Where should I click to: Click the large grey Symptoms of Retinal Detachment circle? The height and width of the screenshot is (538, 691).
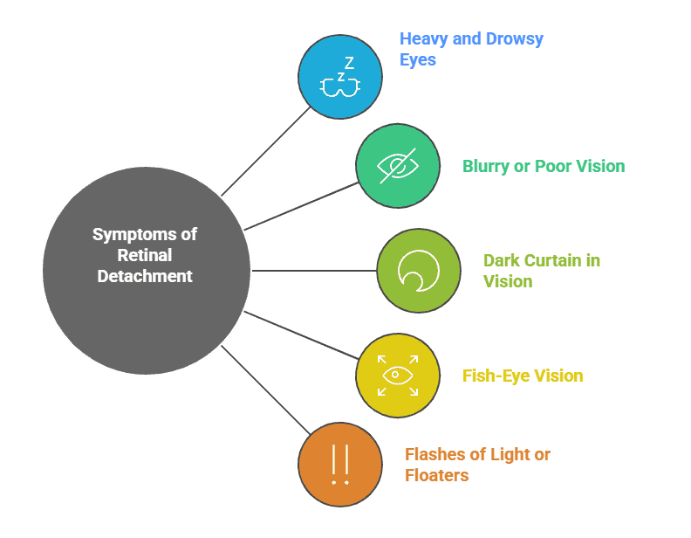pos(146,271)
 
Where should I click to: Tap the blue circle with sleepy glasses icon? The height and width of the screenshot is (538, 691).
pos(340,77)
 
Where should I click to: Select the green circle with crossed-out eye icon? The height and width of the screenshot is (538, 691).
pos(397,166)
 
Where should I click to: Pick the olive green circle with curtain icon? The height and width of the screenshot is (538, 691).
pos(419,271)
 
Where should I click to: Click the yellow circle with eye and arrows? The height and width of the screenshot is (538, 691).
pos(397,376)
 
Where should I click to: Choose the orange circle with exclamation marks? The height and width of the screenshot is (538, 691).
pos(340,465)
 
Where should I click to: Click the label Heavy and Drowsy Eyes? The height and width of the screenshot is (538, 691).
pos(471,50)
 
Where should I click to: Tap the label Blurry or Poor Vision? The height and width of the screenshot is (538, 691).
pos(543,166)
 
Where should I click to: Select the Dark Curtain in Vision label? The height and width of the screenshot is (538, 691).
pos(541,271)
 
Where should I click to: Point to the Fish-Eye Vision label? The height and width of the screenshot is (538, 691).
pos(522,376)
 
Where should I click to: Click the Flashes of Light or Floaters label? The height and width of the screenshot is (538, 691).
pos(477,465)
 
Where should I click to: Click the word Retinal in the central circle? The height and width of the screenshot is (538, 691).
pos(145,255)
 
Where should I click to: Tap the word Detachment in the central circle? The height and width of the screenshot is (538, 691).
pos(145,276)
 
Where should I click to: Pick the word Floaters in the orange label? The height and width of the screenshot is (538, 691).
pos(436,476)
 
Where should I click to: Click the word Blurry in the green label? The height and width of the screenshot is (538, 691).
pos(485,166)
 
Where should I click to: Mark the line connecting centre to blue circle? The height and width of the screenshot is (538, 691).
pos(266,151)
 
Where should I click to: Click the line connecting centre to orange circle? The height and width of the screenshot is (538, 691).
pos(266,390)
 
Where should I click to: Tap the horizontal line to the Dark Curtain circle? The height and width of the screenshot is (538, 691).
pos(314,271)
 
